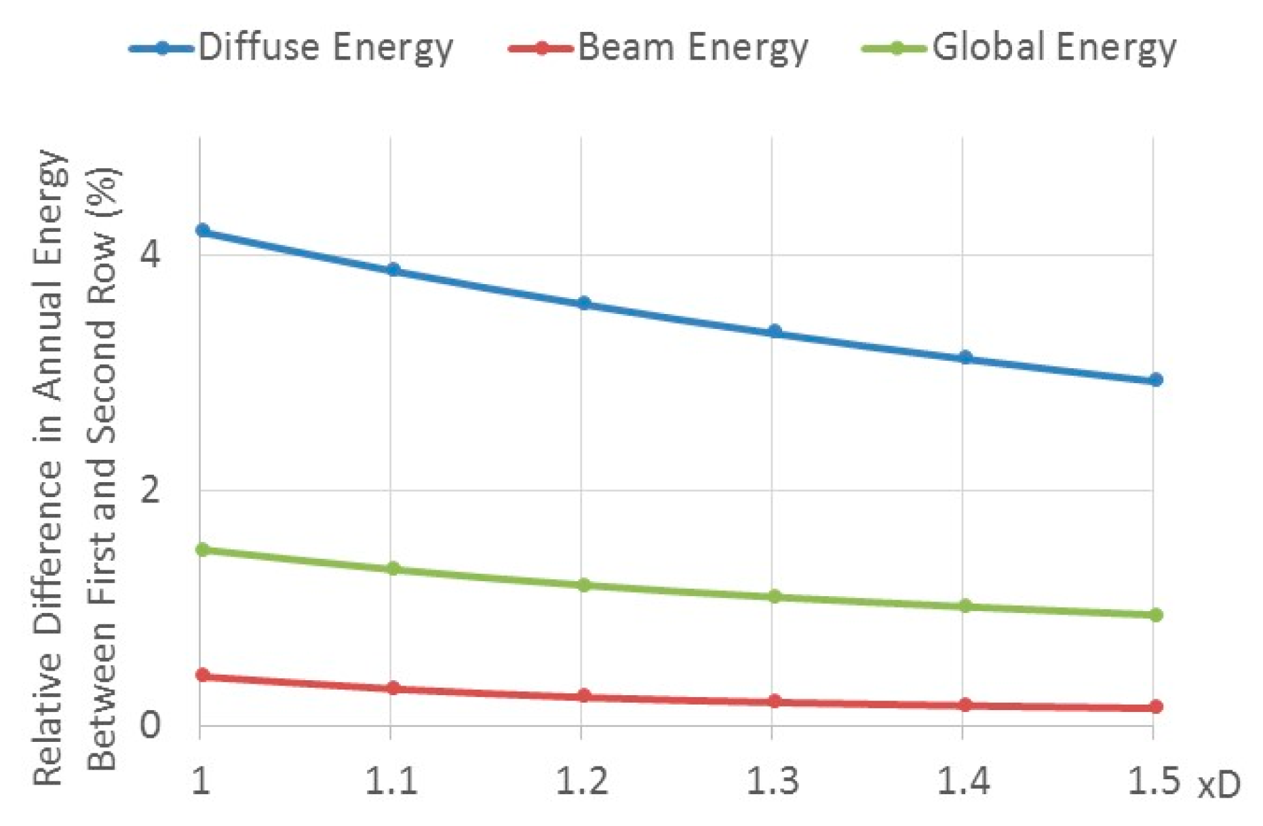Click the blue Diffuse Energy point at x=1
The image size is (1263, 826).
pyautogui.click(x=202, y=230)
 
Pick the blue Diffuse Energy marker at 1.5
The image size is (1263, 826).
pyautogui.click(x=1156, y=380)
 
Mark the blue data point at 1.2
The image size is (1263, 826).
pyautogui.click(x=583, y=303)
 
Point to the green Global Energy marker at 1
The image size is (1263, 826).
pyautogui.click(x=202, y=549)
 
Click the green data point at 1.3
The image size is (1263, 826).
pyautogui.click(x=774, y=597)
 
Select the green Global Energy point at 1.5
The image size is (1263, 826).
pyautogui.click(x=1156, y=614)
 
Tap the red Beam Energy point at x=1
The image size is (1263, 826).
pyautogui.click(x=202, y=675)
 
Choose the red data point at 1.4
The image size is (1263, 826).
pyautogui.click(x=965, y=705)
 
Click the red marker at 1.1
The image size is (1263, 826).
pyautogui.click(x=393, y=688)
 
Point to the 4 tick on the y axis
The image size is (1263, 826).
pyautogui.click(x=150, y=255)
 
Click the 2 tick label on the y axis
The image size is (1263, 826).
pyautogui.click(x=150, y=490)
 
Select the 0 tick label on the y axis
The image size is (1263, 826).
pyautogui.click(x=150, y=724)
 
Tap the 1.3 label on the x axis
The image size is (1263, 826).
pyautogui.click(x=772, y=782)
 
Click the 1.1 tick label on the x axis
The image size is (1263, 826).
pyautogui.click(x=391, y=782)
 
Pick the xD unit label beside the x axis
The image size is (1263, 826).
pyautogui.click(x=1219, y=785)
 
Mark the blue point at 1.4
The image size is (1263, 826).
pyautogui.click(x=965, y=357)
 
